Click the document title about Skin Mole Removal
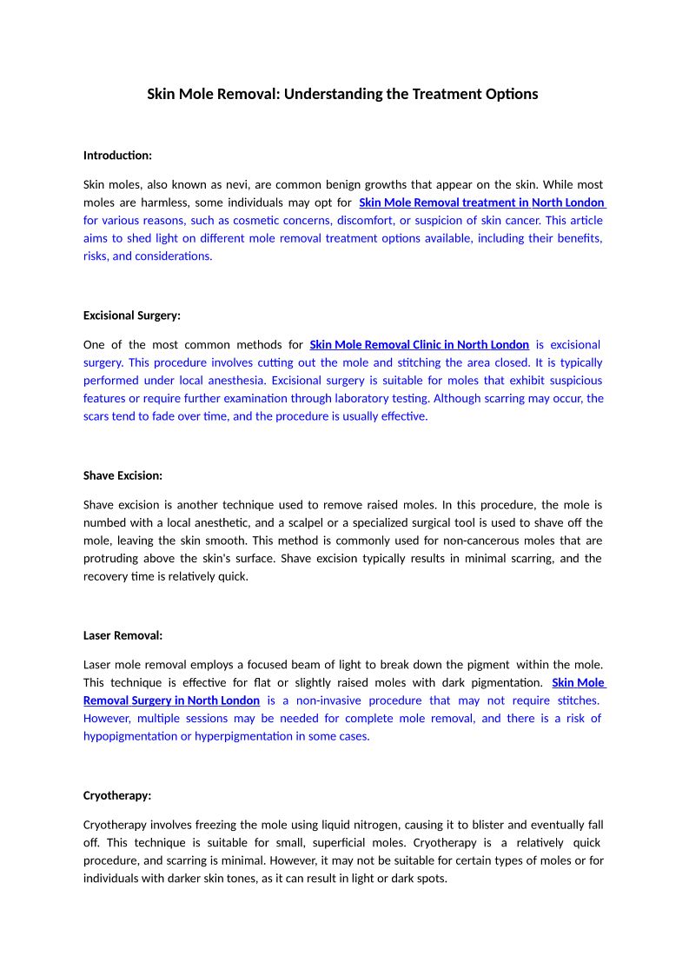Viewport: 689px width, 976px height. pyautogui.click(x=342, y=94)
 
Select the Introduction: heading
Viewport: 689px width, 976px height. pyautogui.click(x=117, y=156)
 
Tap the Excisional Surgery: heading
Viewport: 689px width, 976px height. pyautogui.click(x=132, y=315)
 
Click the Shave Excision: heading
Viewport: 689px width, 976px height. pyautogui.click(x=123, y=475)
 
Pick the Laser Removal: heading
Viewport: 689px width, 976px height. pyautogui.click(x=123, y=635)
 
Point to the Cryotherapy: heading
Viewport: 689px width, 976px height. pyautogui.click(x=117, y=795)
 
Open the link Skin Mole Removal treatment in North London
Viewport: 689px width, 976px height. pyautogui.click(x=481, y=203)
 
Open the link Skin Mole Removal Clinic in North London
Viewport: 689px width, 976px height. pyautogui.click(x=419, y=345)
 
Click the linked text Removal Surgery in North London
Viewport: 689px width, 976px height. pyautogui.click(x=171, y=700)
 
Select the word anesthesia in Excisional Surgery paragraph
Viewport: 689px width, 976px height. pyautogui.click(x=236, y=381)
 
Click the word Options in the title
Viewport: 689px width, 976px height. pyautogui.click(x=513, y=94)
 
